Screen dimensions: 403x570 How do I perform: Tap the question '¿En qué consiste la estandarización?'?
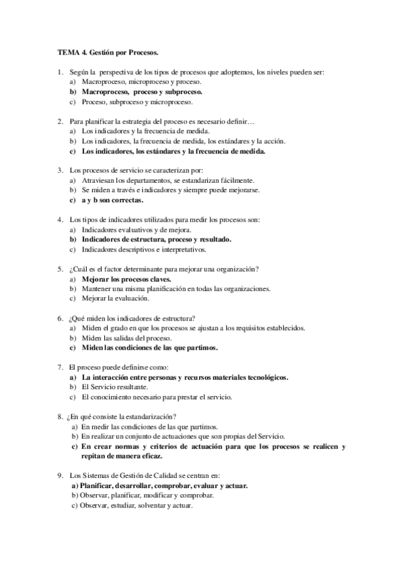(x=127, y=417)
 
